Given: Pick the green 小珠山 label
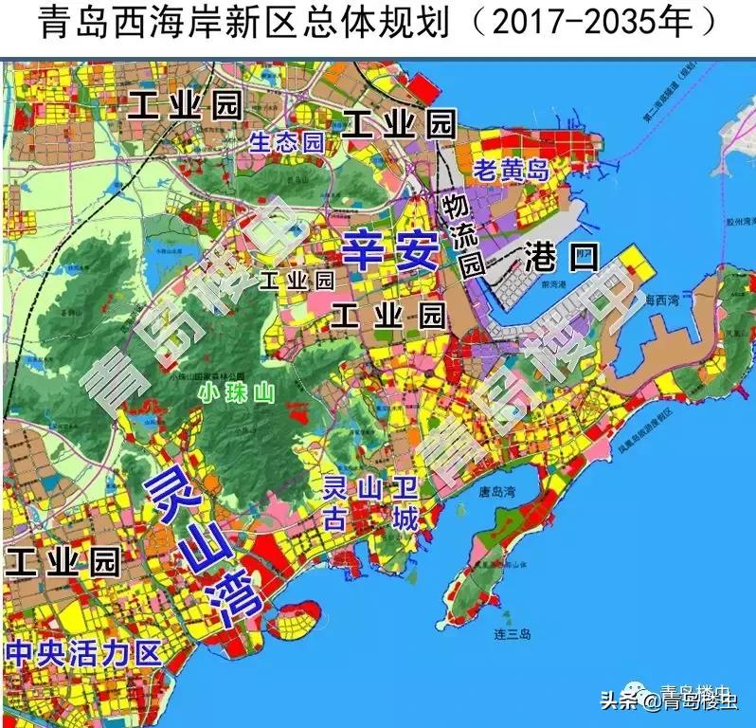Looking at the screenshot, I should (x=236, y=393).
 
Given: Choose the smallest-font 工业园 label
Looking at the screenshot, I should (x=297, y=281).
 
